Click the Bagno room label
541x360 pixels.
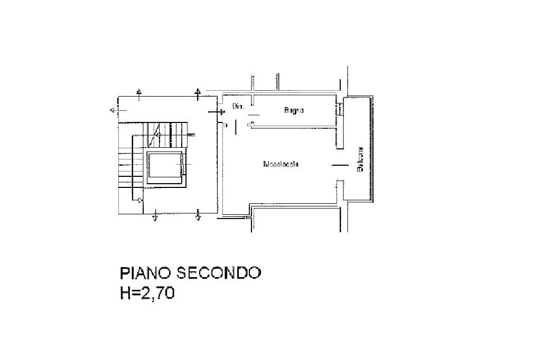click(x=294, y=110)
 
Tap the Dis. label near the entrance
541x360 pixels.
click(x=237, y=107)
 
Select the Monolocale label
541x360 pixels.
click(x=281, y=164)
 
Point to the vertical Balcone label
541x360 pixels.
click(x=360, y=159)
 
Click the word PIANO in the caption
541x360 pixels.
click(x=146, y=273)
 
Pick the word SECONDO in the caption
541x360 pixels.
click(x=219, y=273)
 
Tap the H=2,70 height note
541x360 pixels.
click(x=147, y=293)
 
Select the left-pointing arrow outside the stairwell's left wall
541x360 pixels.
click(x=113, y=110)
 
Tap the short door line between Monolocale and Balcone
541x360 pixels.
click(x=340, y=165)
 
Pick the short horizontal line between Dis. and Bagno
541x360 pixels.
click(x=254, y=114)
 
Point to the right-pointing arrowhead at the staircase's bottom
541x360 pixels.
click(x=140, y=200)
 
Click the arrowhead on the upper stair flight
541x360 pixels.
click(x=157, y=135)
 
